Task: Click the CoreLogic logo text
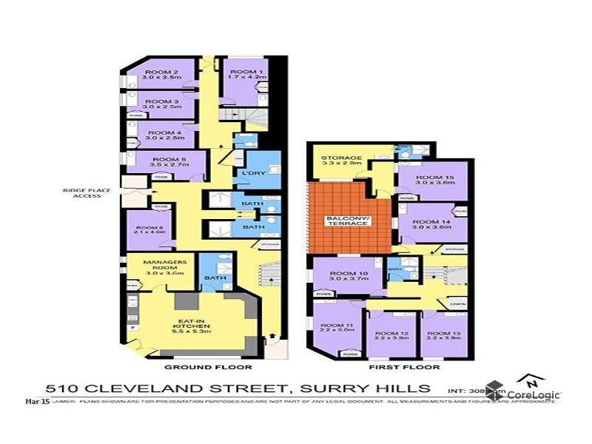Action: point(534,395)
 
